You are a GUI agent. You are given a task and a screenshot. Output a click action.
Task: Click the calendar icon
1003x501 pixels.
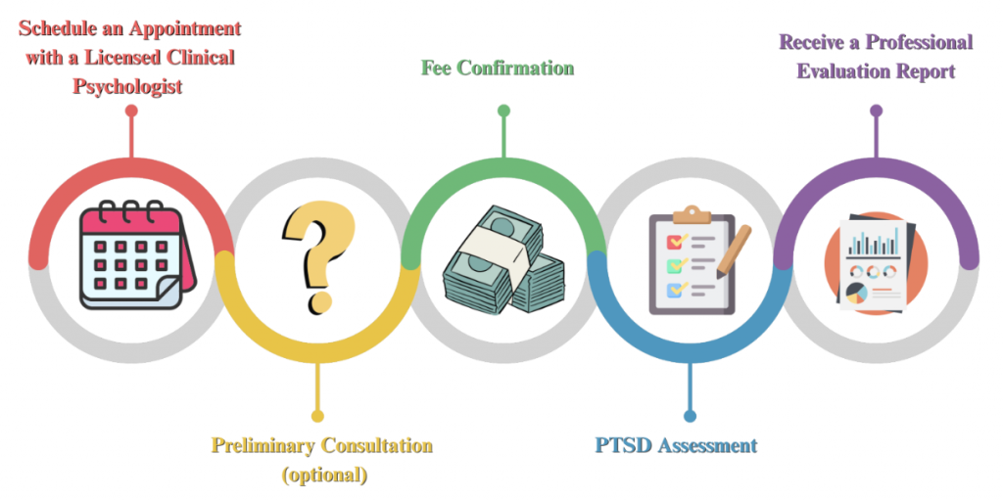point(137,255)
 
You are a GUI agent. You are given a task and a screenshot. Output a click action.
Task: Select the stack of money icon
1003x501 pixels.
point(503,258)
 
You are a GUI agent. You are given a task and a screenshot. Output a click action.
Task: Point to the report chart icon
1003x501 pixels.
point(876,262)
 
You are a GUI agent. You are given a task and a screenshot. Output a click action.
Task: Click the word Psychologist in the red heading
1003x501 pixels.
point(127,86)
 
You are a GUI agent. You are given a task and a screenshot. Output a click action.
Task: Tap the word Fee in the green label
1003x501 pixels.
point(435,68)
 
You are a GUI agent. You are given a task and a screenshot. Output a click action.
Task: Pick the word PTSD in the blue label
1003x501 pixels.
point(619,445)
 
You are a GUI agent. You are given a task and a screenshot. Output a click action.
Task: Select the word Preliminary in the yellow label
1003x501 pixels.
point(263,445)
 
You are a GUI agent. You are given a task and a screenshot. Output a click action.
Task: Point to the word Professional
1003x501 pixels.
point(919,42)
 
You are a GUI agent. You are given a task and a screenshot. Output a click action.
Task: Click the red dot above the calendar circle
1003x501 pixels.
point(131,111)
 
